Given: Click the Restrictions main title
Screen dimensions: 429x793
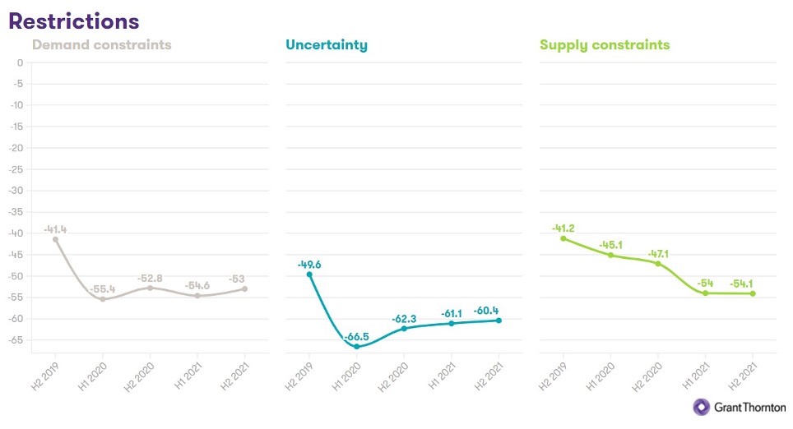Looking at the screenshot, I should coord(74,21).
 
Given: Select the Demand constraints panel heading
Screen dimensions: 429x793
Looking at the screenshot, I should coord(102,45).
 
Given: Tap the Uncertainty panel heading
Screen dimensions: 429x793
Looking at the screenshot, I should coord(327,45).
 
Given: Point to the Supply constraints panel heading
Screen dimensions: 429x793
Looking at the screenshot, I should coord(605,45).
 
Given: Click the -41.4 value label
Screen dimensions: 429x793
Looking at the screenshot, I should coord(55,229).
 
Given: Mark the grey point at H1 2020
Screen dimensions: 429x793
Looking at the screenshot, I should coord(103,299).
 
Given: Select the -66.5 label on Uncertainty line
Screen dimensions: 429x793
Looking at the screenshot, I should coord(356,336).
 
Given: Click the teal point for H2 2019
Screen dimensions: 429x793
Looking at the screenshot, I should coord(309,274).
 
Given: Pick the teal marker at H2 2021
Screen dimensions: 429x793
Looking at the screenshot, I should coord(499,321).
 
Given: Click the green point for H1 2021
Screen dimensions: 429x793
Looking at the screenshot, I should coord(705,293).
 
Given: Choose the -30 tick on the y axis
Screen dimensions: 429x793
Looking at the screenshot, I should coord(15,191).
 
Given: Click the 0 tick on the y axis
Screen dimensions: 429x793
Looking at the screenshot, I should coord(20,62).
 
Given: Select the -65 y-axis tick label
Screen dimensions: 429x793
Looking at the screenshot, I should coord(15,339).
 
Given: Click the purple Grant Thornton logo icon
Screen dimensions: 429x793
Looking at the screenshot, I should coord(702,407).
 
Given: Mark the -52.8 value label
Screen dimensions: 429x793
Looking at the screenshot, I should coord(151,278).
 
